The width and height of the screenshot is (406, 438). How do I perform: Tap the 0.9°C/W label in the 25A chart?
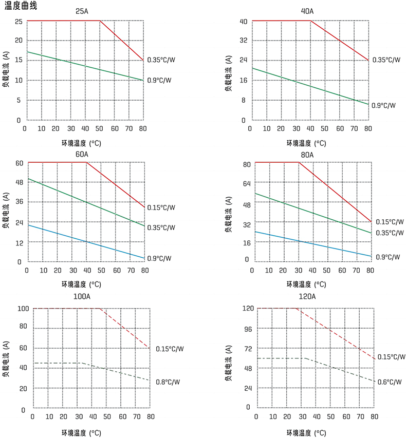[x=159, y=80]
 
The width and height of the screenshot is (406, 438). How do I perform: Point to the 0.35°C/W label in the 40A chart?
[x=385, y=60]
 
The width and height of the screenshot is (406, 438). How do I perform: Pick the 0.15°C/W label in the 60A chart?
[x=161, y=208]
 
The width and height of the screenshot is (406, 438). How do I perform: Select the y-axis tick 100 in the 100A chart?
[x=22, y=309]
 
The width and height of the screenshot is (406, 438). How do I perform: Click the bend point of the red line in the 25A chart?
[x=100, y=21]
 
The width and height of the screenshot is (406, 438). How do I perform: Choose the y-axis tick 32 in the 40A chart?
[x=243, y=40]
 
